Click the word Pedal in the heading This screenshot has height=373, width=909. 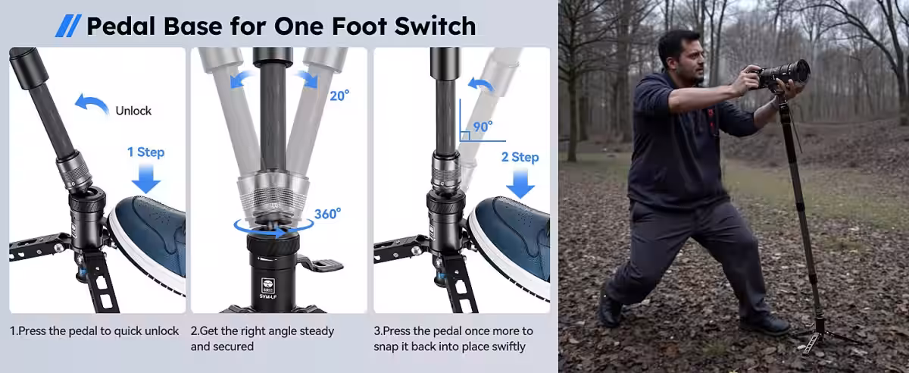click(x=121, y=27)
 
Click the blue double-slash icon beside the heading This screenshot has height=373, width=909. click(x=68, y=26)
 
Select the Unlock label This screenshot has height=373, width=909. click(x=133, y=111)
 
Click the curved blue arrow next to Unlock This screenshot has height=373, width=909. click(x=92, y=101)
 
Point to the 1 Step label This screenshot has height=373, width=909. click(x=145, y=152)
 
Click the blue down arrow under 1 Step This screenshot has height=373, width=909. click(x=146, y=178)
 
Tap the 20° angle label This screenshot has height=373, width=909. click(x=339, y=96)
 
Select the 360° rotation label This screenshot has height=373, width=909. click(x=327, y=214)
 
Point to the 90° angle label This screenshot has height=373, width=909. click(x=483, y=127)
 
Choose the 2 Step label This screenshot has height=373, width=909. click(x=520, y=157)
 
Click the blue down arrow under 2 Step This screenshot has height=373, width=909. click(x=520, y=183)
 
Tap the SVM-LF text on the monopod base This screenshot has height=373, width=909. click(x=268, y=296)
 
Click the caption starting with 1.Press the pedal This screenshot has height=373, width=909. click(x=94, y=331)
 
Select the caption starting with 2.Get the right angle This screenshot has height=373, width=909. click(x=262, y=338)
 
